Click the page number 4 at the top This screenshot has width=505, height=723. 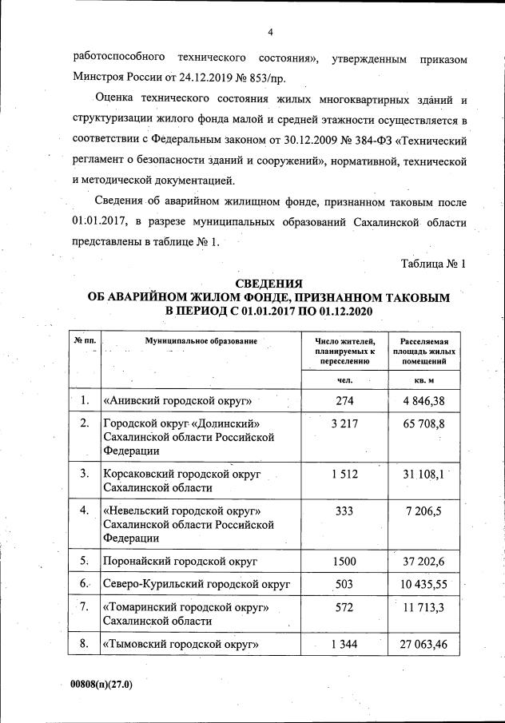(x=270, y=32)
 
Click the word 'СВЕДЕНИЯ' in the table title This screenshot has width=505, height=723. (x=268, y=284)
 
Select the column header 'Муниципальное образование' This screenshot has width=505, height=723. (x=201, y=341)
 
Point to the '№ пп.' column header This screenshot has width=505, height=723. (x=85, y=341)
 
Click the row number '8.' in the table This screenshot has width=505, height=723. (x=84, y=643)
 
